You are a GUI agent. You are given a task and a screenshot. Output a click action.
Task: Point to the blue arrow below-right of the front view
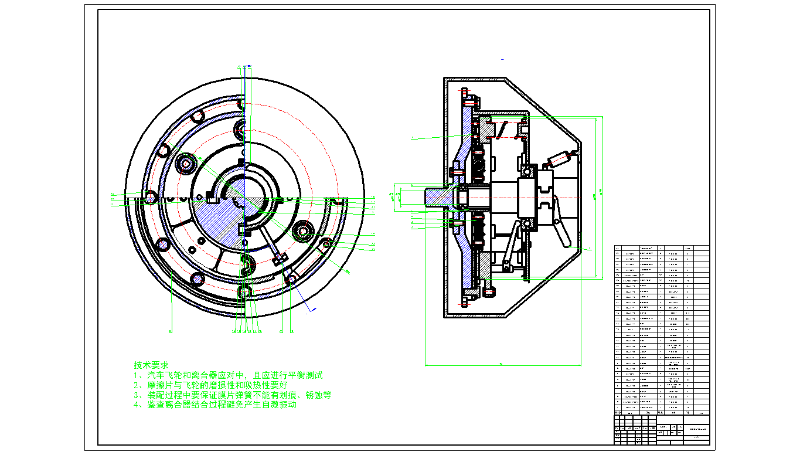click(x=312, y=309)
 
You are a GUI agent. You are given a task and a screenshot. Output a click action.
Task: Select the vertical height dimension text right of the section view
click(x=595, y=196)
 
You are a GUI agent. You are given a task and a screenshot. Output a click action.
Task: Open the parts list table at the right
click(x=661, y=328)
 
